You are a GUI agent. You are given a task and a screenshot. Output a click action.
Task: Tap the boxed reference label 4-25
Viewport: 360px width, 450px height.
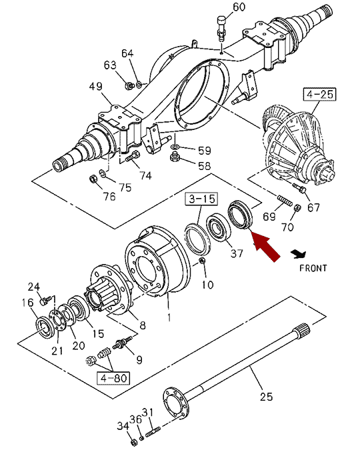coord(320,95)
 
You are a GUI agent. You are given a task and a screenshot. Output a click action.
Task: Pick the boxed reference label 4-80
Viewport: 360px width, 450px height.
coord(113,378)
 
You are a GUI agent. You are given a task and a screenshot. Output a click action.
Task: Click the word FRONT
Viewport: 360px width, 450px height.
coord(313,268)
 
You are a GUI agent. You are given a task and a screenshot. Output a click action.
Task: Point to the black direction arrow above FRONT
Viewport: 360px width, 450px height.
coord(299,254)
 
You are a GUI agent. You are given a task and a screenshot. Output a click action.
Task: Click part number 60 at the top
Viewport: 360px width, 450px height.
coord(239,7)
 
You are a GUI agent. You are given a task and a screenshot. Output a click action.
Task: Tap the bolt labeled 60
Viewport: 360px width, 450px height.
coord(221,29)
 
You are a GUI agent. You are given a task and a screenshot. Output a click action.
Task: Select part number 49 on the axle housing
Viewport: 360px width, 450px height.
coord(95,86)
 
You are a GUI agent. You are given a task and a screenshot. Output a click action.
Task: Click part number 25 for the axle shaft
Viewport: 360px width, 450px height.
coord(266,397)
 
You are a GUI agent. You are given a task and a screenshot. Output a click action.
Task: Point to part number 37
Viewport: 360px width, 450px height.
coord(237,253)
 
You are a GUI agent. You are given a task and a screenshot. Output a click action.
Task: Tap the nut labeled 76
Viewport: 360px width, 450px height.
coord(93,179)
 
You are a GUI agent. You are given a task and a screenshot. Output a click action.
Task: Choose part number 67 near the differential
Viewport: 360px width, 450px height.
coord(313,207)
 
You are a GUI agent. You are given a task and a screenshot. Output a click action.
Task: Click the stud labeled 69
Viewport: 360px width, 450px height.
coord(285,200)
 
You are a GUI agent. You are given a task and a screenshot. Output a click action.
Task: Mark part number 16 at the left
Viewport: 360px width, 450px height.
coord(27,302)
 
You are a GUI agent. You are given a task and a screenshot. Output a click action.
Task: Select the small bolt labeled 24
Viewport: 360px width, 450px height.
coord(45,301)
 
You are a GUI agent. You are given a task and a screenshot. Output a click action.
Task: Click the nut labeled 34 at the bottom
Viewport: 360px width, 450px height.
coord(133,441)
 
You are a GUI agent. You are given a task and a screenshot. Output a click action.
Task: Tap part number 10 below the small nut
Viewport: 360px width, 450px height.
coord(207,285)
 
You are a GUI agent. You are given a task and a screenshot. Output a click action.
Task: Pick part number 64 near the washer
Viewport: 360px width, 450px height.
coord(127,53)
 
